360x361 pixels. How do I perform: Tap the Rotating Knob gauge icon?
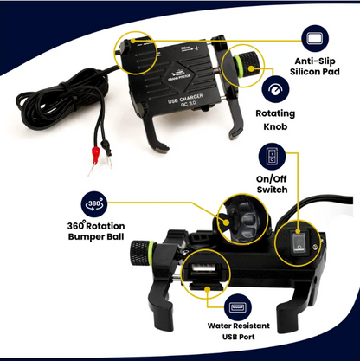point(275,89)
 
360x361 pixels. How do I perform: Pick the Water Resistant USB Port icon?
point(239,309)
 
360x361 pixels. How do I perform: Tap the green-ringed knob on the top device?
point(244,64)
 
